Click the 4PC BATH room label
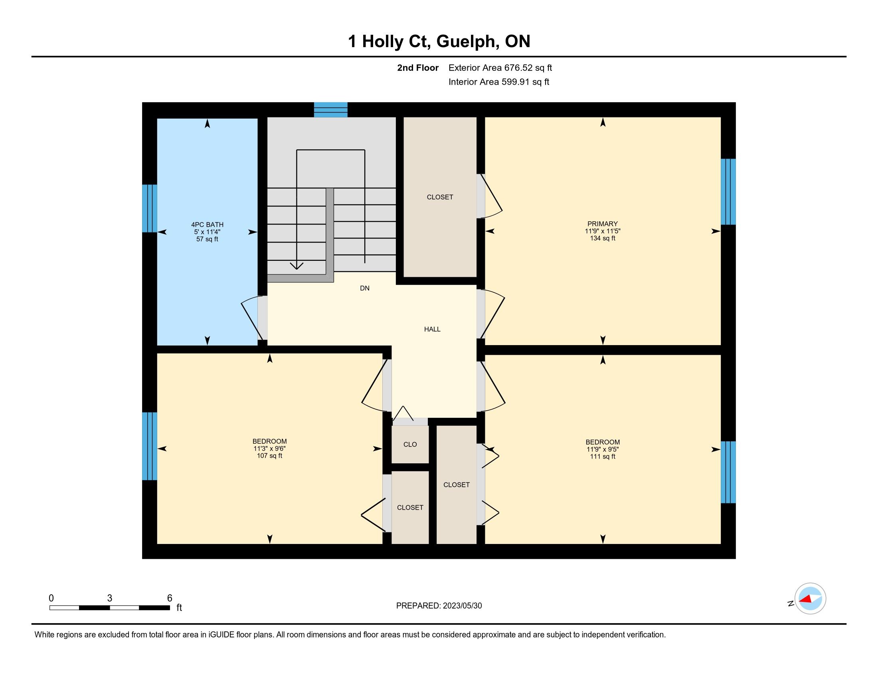pyautogui.click(x=207, y=224)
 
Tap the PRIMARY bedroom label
pyautogui.click(x=602, y=224)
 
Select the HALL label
pyautogui.click(x=432, y=329)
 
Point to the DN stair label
pyautogui.click(x=365, y=288)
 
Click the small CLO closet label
pyautogui.click(x=410, y=445)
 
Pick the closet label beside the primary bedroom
pyautogui.click(x=440, y=197)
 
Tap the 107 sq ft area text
pyautogui.click(x=269, y=456)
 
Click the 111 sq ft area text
pyautogui.click(x=603, y=457)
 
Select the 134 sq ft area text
pyautogui.click(x=603, y=238)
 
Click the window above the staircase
pyautogui.click(x=330, y=110)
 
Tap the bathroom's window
pyautogui.click(x=150, y=208)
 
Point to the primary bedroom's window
pyautogui.click(x=728, y=191)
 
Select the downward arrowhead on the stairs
pyautogui.click(x=297, y=266)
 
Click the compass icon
pyautogui.click(x=810, y=599)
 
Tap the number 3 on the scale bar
pyautogui.click(x=109, y=598)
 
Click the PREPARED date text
pyautogui.click(x=439, y=606)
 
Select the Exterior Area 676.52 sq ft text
pyautogui.click(x=500, y=68)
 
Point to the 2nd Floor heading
pyautogui.click(x=418, y=68)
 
